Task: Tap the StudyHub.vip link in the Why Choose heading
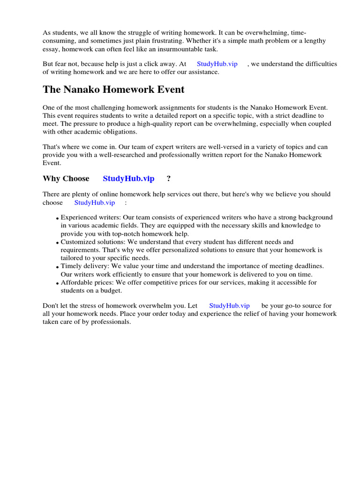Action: coord(128,179)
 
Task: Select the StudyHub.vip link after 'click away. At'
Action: coord(217,64)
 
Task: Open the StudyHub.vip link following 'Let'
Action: coord(229,306)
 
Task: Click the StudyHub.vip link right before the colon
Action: coord(94,202)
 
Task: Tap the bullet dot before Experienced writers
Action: coord(57,218)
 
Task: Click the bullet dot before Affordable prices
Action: coord(57,284)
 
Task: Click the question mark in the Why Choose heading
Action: coord(169,179)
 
